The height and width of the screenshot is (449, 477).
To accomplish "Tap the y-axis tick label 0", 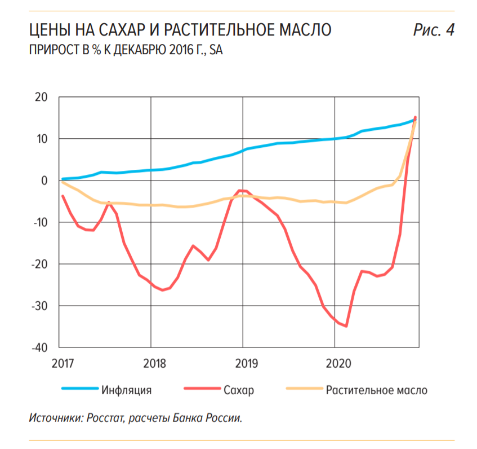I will (x=47, y=181).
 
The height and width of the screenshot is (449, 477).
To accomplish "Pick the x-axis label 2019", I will (x=243, y=363).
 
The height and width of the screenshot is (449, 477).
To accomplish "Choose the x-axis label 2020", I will (x=335, y=363).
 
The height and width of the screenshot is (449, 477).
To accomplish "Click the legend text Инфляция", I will (x=127, y=390).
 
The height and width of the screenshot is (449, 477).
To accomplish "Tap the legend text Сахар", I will (x=239, y=390).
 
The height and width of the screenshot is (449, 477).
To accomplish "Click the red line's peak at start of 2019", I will (x=240, y=191).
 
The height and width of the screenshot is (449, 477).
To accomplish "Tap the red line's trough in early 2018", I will (x=163, y=290).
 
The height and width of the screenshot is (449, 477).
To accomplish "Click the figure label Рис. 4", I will (x=433, y=30).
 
